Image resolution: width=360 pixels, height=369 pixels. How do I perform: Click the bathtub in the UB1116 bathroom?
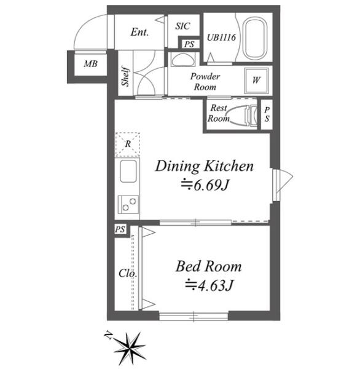pyautogui.click(x=255, y=39)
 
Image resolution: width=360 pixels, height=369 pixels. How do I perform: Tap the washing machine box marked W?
pyautogui.click(x=256, y=80)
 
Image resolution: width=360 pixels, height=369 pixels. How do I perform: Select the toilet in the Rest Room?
pyautogui.click(x=245, y=115)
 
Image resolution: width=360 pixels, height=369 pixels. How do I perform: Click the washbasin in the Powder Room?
pyautogui.click(x=183, y=59)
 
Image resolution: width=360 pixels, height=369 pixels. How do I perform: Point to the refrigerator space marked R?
pyautogui.click(x=128, y=145)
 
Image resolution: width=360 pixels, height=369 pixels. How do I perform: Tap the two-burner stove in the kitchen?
pyautogui.click(x=128, y=204)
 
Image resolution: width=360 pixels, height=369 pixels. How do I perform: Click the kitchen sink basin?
pyautogui.click(x=128, y=171)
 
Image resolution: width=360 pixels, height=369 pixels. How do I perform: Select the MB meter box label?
pyautogui.click(x=90, y=64)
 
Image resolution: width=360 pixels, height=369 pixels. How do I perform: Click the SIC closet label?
pyautogui.click(x=182, y=26)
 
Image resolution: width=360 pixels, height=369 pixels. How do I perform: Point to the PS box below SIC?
pyautogui.click(x=189, y=44)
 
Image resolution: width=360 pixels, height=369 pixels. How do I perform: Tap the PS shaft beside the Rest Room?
pyautogui.click(x=267, y=114)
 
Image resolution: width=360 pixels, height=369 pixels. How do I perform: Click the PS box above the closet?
pyautogui.click(x=120, y=229)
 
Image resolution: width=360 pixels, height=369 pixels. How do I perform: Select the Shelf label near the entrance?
pyautogui.click(x=125, y=76)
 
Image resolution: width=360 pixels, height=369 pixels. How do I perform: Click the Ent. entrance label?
pyautogui.click(x=139, y=32)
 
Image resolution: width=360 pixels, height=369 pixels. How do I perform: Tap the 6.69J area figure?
pyautogui.click(x=205, y=185)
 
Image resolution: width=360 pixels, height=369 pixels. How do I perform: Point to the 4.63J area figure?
pyautogui.click(x=209, y=285)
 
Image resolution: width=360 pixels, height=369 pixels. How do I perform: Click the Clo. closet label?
pyautogui.click(x=128, y=273)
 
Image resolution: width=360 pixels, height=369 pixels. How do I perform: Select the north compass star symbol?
pyautogui.click(x=130, y=347)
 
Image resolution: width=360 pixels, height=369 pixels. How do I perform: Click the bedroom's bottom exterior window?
pyautogui.click(x=194, y=316)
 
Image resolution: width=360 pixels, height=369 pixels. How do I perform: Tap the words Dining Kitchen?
pyautogui.click(x=205, y=166)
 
